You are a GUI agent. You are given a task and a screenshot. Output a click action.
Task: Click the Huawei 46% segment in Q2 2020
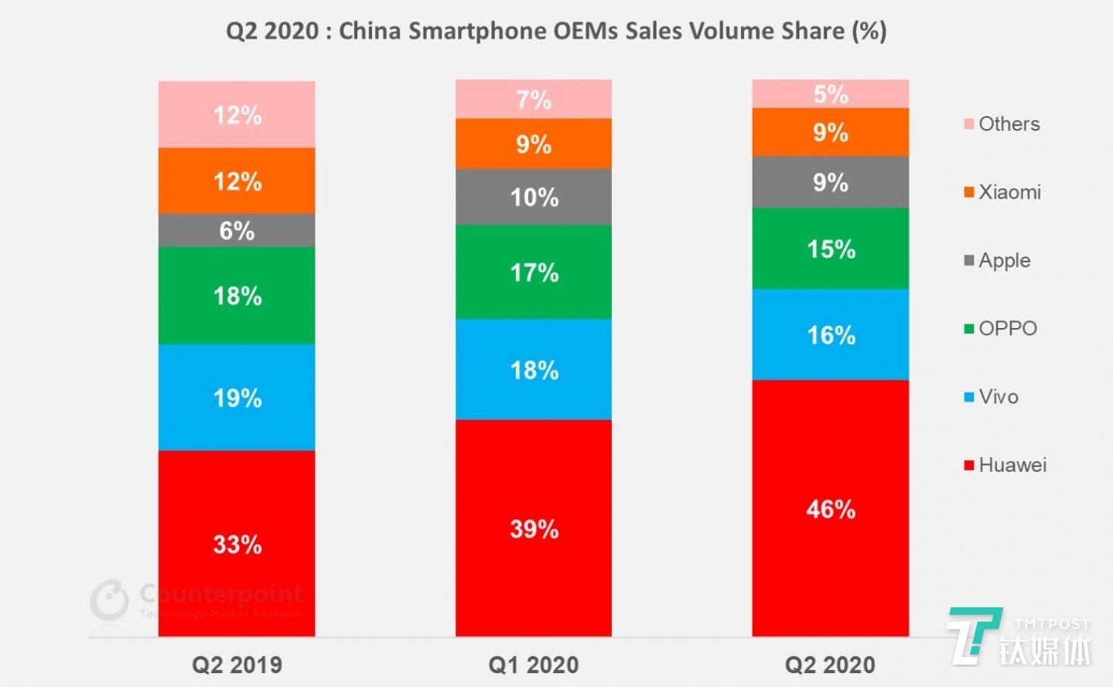tap(830, 508)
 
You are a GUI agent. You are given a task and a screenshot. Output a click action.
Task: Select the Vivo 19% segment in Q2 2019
tap(237, 397)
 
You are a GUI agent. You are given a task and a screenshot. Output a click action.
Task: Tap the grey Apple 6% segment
tap(237, 230)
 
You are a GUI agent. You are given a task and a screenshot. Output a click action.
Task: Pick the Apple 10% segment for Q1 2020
tap(534, 197)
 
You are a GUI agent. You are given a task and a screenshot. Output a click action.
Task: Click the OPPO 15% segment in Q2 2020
tap(830, 248)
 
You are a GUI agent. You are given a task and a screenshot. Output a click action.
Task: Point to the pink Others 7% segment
tap(534, 99)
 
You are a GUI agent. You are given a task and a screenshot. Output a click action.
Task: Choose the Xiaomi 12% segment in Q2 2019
tap(237, 181)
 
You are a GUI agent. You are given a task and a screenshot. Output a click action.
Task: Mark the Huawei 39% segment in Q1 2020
tap(534, 528)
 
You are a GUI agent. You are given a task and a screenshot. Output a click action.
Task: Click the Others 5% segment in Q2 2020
tap(830, 94)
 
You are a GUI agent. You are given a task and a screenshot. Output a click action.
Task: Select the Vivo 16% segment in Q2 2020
tap(830, 334)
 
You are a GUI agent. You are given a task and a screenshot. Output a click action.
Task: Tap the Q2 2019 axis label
tap(237, 665)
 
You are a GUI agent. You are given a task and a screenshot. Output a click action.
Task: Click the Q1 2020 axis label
tap(534, 665)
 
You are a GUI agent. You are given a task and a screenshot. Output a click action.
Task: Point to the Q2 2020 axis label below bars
tap(830, 665)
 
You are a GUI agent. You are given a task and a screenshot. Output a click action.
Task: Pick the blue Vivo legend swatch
tap(968, 397)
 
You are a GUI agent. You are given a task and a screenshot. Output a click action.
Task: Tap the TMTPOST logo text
tap(1052, 624)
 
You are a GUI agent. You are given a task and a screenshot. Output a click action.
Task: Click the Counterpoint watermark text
tap(220, 594)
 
